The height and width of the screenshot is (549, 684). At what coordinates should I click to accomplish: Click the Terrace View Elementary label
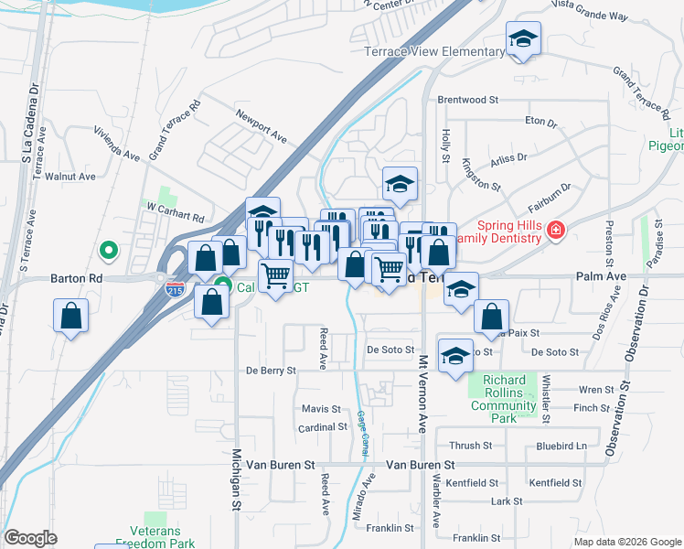point(434,52)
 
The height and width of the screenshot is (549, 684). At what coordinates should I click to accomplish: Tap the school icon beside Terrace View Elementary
point(523,39)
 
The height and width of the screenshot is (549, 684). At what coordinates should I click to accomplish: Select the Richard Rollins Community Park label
point(504,399)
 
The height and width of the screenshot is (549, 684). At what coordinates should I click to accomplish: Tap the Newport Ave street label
point(262,126)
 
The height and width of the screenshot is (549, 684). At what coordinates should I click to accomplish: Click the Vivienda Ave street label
point(118,144)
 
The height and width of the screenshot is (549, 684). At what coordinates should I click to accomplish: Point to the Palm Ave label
point(600,275)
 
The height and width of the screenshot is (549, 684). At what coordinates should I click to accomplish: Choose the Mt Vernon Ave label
point(423,394)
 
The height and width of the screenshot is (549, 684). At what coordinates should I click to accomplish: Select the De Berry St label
point(271,371)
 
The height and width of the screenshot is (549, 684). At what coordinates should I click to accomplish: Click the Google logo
point(31,538)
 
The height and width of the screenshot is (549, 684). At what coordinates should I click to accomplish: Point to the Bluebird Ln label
point(561,446)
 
